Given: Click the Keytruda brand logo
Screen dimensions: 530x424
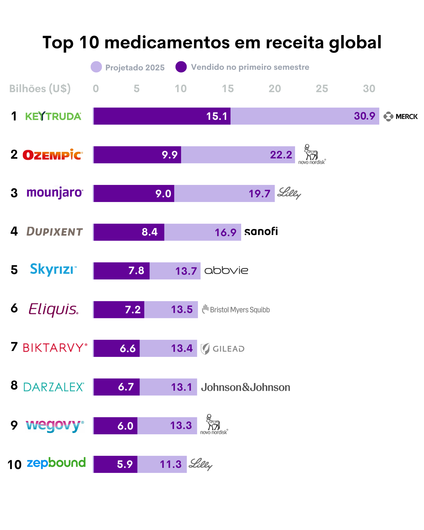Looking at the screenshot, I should pyautogui.click(x=53, y=116).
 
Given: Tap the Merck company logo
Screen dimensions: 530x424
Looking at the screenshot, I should pyautogui.click(x=400, y=117).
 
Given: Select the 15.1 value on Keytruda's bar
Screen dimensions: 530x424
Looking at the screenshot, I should pyautogui.click(x=217, y=116).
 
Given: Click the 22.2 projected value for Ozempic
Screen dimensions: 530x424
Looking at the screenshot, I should pyautogui.click(x=281, y=155).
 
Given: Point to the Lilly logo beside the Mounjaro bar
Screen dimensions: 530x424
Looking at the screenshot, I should pyautogui.click(x=289, y=193).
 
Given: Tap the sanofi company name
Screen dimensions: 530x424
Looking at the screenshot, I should pyautogui.click(x=261, y=231).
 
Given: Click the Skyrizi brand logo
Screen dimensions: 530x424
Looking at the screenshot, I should pyautogui.click(x=53, y=269).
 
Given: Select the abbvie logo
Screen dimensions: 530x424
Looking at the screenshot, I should pyautogui.click(x=226, y=270).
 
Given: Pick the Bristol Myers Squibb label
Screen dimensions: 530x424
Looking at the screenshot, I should pyautogui.click(x=236, y=309).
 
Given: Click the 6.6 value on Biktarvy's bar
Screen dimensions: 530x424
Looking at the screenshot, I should pyautogui.click(x=127, y=348).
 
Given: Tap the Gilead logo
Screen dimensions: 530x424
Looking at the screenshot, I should pyautogui.click(x=223, y=349).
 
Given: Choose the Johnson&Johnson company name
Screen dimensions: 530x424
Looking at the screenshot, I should pyautogui.click(x=245, y=387).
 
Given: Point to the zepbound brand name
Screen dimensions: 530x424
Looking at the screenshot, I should pyautogui.click(x=56, y=463).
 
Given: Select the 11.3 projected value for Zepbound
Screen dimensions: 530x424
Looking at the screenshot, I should pyautogui.click(x=170, y=464).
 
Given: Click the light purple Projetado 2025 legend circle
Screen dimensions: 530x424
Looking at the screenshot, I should pyautogui.click(x=96, y=67).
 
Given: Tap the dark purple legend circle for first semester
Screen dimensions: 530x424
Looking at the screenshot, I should pyautogui.click(x=181, y=67).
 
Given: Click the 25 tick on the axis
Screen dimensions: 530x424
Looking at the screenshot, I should pyautogui.click(x=322, y=89).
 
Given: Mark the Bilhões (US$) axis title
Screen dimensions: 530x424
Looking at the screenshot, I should pyautogui.click(x=40, y=89).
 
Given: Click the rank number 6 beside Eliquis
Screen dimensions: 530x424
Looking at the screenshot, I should pyautogui.click(x=14, y=308).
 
